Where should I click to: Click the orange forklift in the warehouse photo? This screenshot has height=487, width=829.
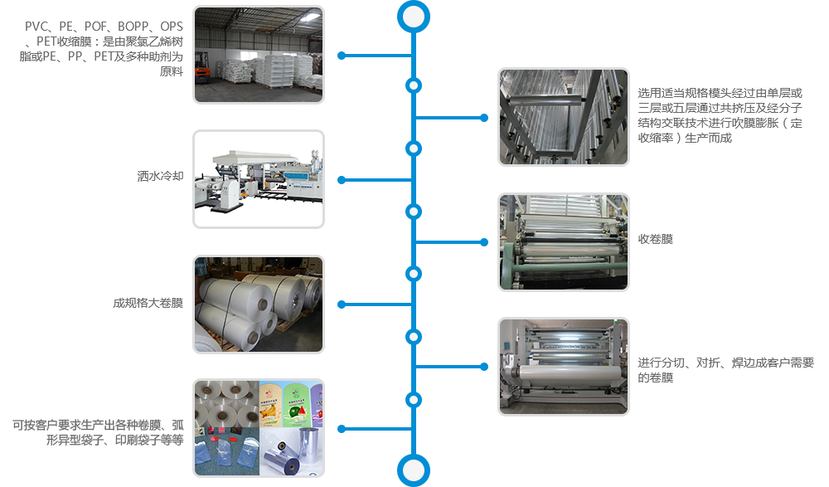[x=201, y=72]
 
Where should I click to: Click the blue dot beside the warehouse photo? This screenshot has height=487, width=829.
[x=341, y=56]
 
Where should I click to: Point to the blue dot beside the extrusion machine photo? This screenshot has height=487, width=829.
[x=341, y=179]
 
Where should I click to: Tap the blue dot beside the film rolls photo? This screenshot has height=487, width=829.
[x=341, y=304]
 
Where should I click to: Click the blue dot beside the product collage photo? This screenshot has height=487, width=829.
[x=341, y=429]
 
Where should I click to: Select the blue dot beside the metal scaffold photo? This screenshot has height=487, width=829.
[x=485, y=118]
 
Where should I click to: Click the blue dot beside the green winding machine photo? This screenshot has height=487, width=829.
[x=485, y=241]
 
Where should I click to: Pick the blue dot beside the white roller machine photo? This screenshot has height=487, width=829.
[x=485, y=367]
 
